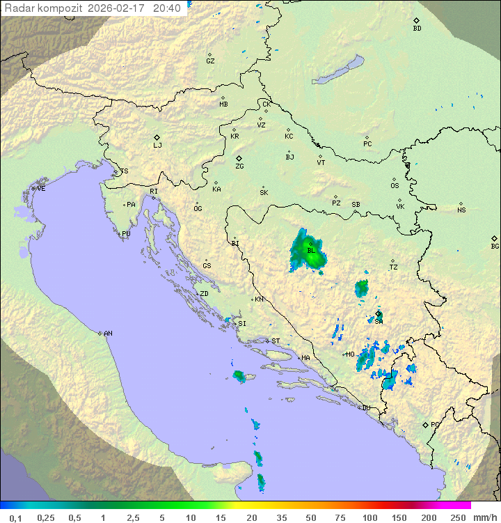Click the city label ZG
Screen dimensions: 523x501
pos(239,166)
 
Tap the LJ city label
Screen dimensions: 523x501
pos(157,145)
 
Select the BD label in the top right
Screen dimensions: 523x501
pos(417,29)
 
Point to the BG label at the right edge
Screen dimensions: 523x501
pos(495,246)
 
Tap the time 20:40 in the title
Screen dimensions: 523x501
pos(166,8)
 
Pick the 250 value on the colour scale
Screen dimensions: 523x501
pos(457,517)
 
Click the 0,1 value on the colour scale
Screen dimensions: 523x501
pos(15,517)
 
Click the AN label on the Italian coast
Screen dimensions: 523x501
pos(108,334)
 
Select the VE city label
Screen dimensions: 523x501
pos(41,189)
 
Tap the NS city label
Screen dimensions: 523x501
pos(461,210)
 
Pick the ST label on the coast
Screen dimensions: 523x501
pos(275,341)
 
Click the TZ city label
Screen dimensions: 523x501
pos(394,267)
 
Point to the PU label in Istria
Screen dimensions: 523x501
pos(126,234)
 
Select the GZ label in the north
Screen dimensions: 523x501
pos(210,61)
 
